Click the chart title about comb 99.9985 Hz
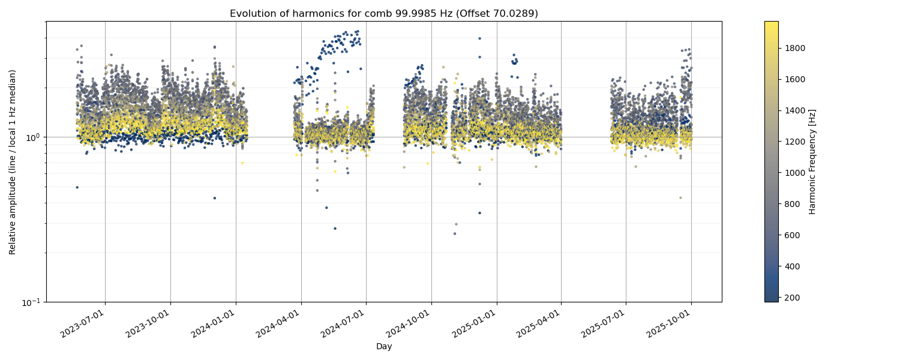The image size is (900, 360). coord(384,13)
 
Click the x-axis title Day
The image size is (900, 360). coord(384,346)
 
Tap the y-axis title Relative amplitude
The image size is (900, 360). coord(13,162)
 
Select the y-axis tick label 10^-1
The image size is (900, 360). coord(30,302)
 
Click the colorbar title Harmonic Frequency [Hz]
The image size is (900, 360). coord(812,161)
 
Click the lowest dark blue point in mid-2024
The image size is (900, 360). coord(335,228)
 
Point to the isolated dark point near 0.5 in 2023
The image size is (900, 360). coord(77,187)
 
